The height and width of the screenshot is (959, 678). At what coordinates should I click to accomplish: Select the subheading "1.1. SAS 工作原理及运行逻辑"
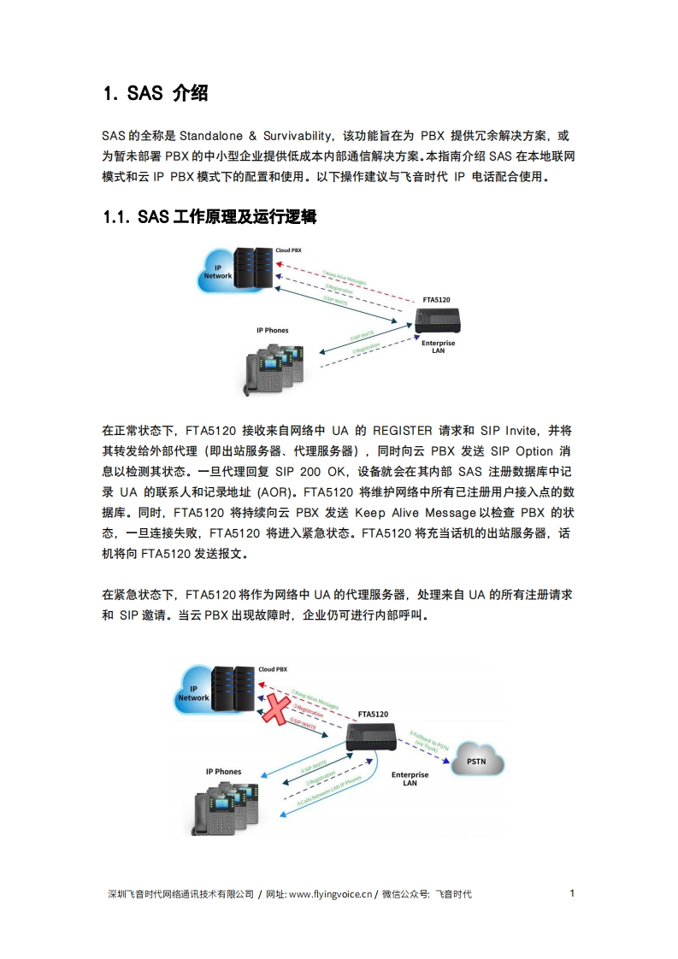tap(209, 218)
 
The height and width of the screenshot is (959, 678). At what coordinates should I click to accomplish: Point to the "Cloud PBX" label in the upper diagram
tap(288, 250)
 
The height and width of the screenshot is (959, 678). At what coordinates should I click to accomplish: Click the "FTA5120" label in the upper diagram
tap(436, 300)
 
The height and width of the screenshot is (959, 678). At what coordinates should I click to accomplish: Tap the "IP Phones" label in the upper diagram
tap(273, 330)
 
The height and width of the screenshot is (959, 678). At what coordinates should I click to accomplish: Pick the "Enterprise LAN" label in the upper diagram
tap(439, 346)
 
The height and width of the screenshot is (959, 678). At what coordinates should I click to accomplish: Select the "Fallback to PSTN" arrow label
tap(428, 740)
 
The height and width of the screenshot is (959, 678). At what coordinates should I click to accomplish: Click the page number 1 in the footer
tap(572, 893)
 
